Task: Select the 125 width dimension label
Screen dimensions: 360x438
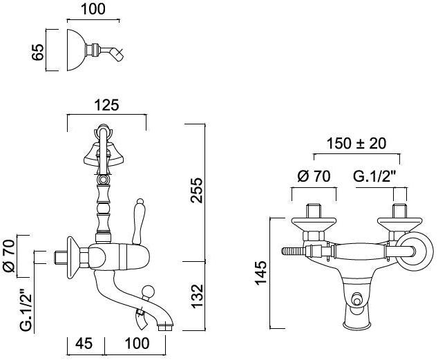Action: coord(106,105)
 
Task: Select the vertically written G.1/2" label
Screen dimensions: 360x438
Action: coord(10,307)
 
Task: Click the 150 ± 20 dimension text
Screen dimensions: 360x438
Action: coord(356,144)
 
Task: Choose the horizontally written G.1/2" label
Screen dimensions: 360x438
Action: coord(377,176)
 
